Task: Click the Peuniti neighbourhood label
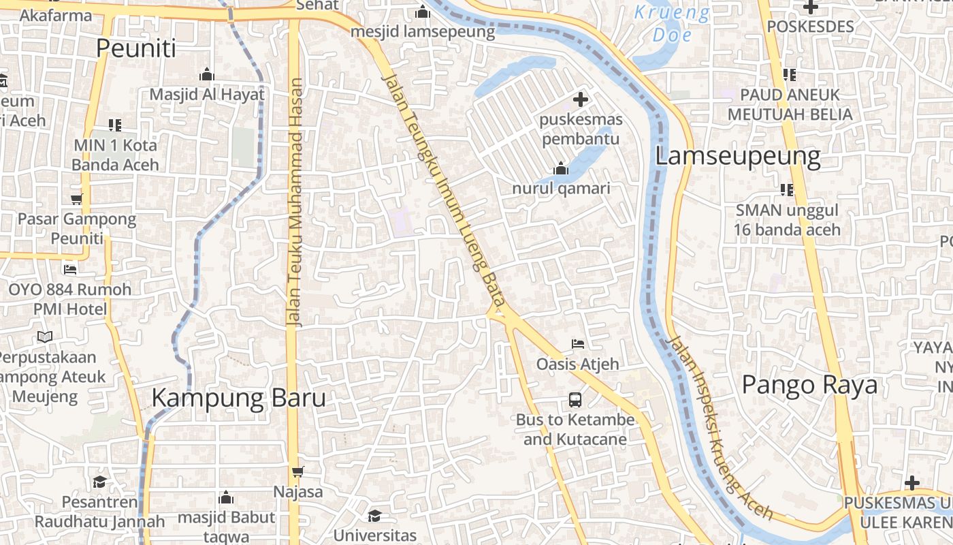(135, 48)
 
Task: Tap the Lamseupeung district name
(737, 156)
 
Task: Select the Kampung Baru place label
(238, 398)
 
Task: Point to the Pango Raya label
(809, 385)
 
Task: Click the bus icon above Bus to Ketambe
(575, 399)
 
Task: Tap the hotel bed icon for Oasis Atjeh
(578, 343)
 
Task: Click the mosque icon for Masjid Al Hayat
(207, 74)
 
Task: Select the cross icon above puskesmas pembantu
(581, 100)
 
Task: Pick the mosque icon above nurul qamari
(561, 168)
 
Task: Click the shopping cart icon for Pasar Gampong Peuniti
(76, 199)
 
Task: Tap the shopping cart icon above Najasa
(297, 471)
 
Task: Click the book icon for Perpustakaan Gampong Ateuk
(45, 337)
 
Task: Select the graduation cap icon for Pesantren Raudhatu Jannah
(100, 482)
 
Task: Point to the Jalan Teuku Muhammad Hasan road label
(295, 203)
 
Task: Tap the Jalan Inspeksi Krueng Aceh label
(720, 428)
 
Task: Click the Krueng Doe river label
(672, 23)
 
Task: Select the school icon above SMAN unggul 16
(787, 189)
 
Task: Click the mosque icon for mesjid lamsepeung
(423, 12)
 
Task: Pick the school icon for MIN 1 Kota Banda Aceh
(115, 125)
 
